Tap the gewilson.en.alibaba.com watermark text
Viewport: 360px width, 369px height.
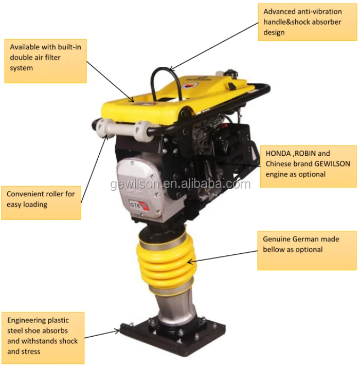coord(180,184)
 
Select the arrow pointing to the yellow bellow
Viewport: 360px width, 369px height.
coord(222,256)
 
